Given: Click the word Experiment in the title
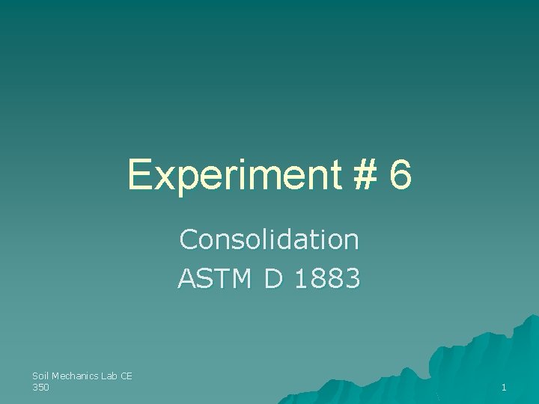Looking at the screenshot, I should coord(234,176).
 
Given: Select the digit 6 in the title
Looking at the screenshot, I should coord(401,176).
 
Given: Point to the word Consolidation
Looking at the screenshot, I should coord(269,240).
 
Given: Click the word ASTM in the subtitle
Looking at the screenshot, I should coord(214,279).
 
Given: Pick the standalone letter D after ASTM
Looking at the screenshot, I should coord(272,279).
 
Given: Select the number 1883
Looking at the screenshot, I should coord(328,279).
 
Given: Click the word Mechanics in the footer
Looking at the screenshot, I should coord(76,376).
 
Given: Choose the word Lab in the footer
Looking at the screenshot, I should coord(109,376).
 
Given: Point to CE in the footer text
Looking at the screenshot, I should coord(127,376).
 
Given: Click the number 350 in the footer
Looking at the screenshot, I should coord(40,387).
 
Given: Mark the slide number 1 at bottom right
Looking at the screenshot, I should coord(504,388).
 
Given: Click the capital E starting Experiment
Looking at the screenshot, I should coord(138,176).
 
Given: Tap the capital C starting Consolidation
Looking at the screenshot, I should coord(187,240).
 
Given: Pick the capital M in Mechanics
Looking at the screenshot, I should coord(56,376).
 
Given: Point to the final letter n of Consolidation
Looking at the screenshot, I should coord(353,242).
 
